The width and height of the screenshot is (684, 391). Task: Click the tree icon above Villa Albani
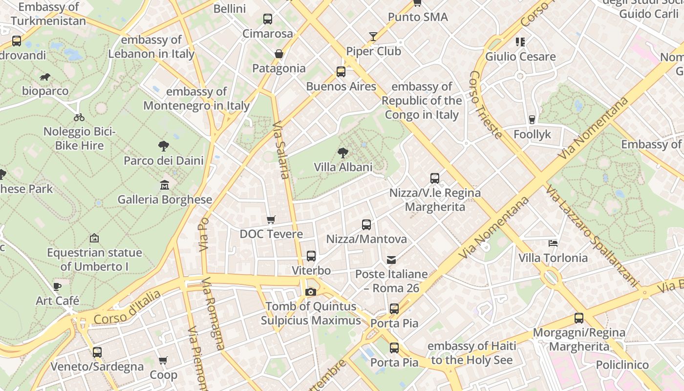pyautogui.click(x=343, y=153)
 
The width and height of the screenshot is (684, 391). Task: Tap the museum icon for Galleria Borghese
pyautogui.click(x=165, y=185)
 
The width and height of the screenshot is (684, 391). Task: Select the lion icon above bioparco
pyautogui.click(x=45, y=77)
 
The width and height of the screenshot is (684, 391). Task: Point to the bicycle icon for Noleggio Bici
pyautogui.click(x=79, y=117)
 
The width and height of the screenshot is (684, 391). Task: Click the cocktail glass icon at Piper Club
pyautogui.click(x=373, y=37)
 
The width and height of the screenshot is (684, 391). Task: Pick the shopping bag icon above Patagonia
pyautogui.click(x=279, y=54)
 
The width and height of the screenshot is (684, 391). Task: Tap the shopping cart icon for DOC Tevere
pyautogui.click(x=271, y=220)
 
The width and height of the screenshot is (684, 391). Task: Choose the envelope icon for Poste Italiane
pyautogui.click(x=391, y=260)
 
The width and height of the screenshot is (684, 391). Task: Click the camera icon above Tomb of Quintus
pyautogui.click(x=310, y=292)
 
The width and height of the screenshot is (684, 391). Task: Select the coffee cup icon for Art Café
pyautogui.click(x=57, y=286)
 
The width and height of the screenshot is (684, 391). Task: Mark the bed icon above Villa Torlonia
pyautogui.click(x=553, y=243)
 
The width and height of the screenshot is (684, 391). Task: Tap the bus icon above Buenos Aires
pyautogui.click(x=341, y=72)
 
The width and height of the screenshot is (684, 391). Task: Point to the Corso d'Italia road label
pyautogui.click(x=127, y=307)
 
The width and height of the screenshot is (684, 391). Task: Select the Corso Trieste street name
pyautogui.click(x=485, y=105)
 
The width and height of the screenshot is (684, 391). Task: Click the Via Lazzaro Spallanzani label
pyautogui.click(x=592, y=236)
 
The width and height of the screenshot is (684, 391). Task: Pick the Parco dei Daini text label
pyautogui.click(x=163, y=160)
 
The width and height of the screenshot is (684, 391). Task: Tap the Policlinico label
pyautogui.click(x=622, y=365)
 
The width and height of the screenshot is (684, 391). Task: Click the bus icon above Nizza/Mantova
pyautogui.click(x=366, y=225)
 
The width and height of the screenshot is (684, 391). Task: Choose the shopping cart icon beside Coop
pyautogui.click(x=163, y=361)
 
